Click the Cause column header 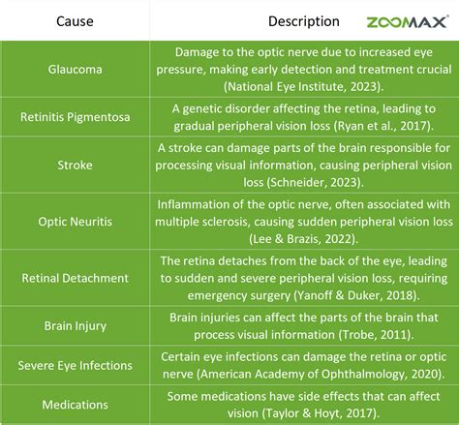[75, 20]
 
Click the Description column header [303, 20]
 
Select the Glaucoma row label [75, 69]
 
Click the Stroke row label [75, 166]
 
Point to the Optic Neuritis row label [75, 222]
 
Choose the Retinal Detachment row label [75, 278]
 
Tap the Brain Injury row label [75, 326]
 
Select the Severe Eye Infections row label [75, 365]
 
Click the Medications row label [75, 404]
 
